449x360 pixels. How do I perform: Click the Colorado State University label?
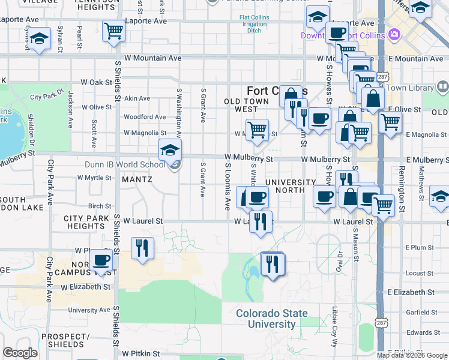(x=271, y=319)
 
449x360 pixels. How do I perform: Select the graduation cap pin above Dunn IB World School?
(x=170, y=150)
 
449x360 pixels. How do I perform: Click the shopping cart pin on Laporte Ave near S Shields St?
(x=113, y=31)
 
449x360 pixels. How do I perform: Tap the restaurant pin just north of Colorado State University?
(x=273, y=264)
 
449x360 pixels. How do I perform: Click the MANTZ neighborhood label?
(x=137, y=179)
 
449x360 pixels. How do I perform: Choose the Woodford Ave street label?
(x=144, y=117)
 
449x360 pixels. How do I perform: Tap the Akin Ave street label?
(x=137, y=98)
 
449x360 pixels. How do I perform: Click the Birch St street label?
(x=100, y=206)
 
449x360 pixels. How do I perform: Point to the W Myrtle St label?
(x=95, y=178)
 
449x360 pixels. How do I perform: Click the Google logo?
(x=20, y=353)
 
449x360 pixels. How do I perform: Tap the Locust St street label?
(x=419, y=273)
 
